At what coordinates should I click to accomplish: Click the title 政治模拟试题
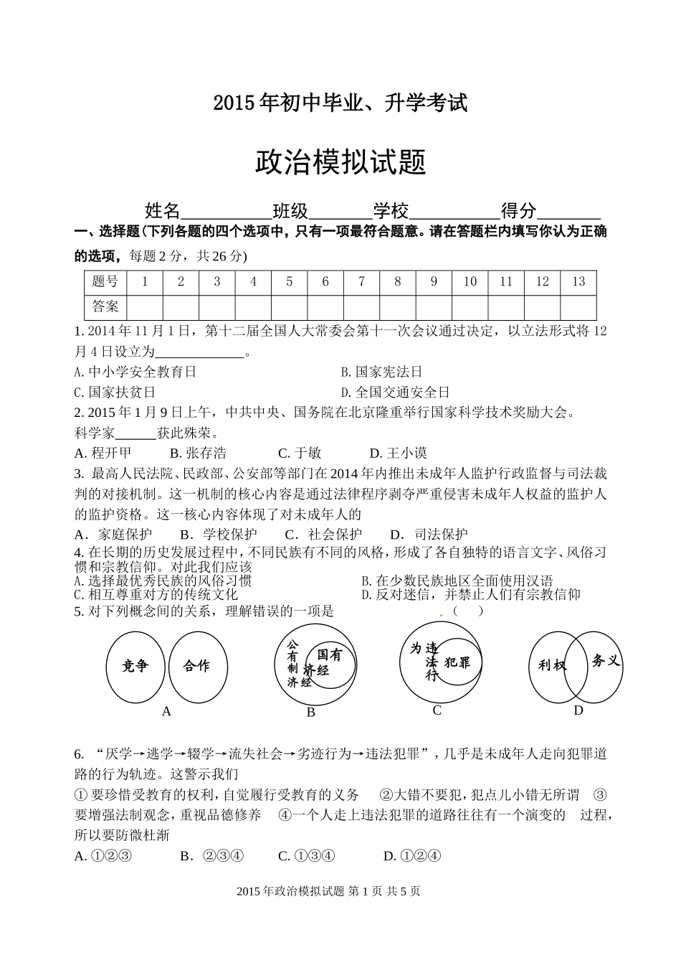(340, 162)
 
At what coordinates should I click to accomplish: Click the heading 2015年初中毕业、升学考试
(340, 103)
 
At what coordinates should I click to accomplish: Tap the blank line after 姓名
(226, 213)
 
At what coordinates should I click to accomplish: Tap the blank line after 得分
(568, 213)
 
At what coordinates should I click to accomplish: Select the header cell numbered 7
(361, 282)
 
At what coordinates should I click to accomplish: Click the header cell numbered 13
(578, 282)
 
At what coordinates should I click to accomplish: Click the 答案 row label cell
(105, 307)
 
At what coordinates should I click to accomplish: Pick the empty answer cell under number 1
(145, 307)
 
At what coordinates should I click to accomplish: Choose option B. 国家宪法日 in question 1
(381, 372)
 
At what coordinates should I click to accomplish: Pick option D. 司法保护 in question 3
(429, 534)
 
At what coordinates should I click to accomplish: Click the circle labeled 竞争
(135, 667)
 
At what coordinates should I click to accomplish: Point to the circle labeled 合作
(197, 666)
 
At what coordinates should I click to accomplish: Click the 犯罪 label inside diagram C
(457, 662)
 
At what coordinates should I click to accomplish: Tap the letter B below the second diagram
(310, 712)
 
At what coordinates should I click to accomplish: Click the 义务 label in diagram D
(606, 660)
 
